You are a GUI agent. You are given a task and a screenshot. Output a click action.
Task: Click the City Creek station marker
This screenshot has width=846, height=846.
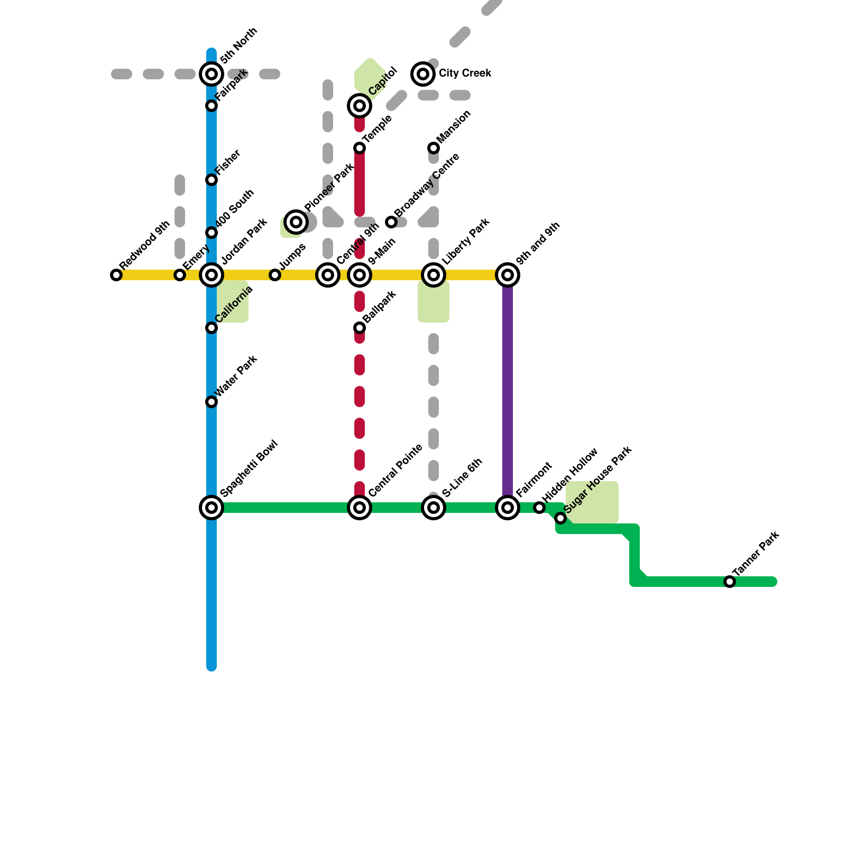tap(423, 74)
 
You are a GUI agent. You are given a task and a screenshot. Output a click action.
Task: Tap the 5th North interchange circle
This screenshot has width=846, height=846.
tap(212, 74)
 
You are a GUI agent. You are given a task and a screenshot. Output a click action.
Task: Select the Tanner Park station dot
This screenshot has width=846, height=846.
tap(730, 582)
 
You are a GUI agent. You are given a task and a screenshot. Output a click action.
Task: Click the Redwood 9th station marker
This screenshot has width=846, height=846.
tap(116, 275)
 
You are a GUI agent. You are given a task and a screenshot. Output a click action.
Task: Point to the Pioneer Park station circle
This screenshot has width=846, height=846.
tap(296, 222)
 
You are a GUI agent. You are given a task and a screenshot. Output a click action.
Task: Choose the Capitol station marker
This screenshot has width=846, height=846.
tap(360, 106)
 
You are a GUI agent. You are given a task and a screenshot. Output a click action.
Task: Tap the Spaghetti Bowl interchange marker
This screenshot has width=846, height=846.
tap(212, 508)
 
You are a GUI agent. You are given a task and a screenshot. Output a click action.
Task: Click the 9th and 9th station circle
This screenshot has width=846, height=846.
tap(508, 275)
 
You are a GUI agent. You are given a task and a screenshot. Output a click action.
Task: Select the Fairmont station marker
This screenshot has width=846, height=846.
tap(508, 508)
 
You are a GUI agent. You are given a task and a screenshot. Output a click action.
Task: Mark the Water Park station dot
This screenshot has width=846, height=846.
tap(212, 402)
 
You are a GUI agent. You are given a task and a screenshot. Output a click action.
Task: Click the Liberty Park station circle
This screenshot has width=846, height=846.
tap(434, 275)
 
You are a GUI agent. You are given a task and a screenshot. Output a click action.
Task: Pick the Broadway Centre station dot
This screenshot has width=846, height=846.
tap(391, 222)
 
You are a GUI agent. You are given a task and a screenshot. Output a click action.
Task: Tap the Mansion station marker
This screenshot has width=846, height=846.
tap(434, 148)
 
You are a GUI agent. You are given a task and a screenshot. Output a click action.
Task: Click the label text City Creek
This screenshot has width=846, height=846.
tap(465, 73)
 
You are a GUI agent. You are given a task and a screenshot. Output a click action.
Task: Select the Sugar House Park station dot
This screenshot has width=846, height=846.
tap(560, 518)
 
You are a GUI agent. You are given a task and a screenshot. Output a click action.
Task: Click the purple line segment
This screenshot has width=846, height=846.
tap(508, 391)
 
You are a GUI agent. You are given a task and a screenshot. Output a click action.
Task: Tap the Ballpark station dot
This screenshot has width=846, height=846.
tap(360, 328)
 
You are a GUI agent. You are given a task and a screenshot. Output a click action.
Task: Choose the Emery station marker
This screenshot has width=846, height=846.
tap(180, 275)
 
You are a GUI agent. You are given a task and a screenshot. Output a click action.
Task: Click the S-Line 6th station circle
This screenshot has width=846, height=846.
tap(434, 508)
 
